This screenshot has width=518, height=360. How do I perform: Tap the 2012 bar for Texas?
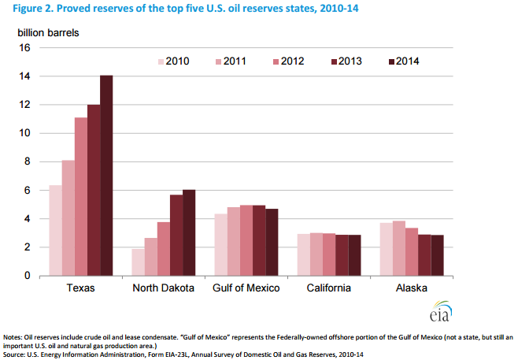(x=81, y=196)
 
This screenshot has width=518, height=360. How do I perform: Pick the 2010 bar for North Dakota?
(x=139, y=262)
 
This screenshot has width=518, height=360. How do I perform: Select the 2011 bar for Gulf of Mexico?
(x=234, y=241)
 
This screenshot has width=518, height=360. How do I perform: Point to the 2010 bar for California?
(x=304, y=254)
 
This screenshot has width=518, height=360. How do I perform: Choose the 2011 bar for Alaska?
(x=400, y=248)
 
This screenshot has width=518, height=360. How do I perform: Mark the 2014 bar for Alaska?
(x=438, y=255)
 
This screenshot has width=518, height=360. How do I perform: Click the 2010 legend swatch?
(x=161, y=61)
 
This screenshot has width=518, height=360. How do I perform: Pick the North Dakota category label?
(x=165, y=288)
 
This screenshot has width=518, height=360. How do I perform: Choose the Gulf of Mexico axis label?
(x=246, y=288)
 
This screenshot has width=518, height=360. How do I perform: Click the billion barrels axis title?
(x=49, y=33)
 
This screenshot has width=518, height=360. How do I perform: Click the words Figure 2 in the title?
(x=27, y=9)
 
